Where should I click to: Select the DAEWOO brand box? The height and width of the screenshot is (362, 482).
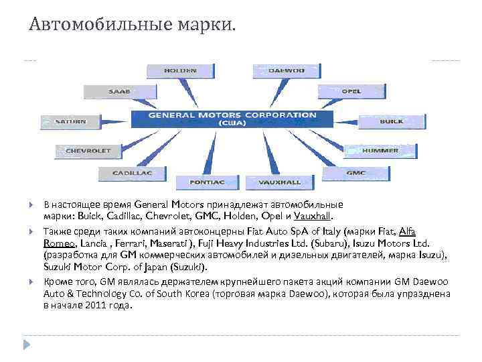point(286,70)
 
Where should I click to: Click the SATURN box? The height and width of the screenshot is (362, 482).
point(70,121)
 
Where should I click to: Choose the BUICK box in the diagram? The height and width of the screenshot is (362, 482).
point(392,121)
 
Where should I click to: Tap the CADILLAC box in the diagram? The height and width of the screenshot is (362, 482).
point(132,173)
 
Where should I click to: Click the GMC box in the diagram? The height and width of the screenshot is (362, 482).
point(355,173)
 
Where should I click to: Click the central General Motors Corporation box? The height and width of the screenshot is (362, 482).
point(232,119)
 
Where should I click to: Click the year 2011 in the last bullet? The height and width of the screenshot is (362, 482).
point(95,305)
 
